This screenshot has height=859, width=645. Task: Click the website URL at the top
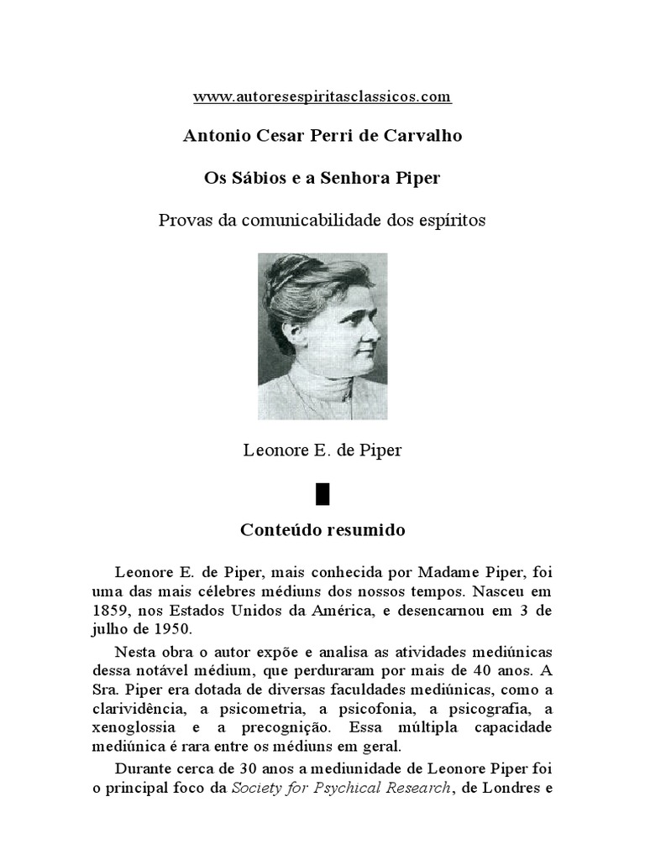coord(322,97)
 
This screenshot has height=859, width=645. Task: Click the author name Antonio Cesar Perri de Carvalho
coord(322,137)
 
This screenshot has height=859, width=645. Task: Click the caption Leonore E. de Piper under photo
coord(322,450)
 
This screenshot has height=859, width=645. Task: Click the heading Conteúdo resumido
coord(322,531)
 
